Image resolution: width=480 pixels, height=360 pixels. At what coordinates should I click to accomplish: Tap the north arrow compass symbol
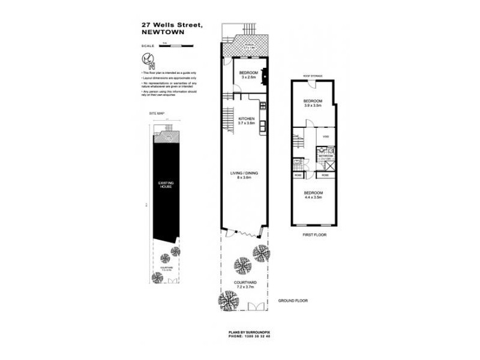(x=146, y=60)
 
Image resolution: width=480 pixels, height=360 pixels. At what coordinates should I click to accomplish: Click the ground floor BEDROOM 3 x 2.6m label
(x=248, y=76)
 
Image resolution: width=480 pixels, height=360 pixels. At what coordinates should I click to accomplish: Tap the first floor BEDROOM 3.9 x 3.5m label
(x=313, y=103)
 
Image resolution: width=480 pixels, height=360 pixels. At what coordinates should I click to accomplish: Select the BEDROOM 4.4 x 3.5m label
(x=313, y=195)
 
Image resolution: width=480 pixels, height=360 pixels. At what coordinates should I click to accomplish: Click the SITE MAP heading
(x=157, y=113)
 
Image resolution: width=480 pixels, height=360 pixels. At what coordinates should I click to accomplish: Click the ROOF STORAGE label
(x=312, y=76)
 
